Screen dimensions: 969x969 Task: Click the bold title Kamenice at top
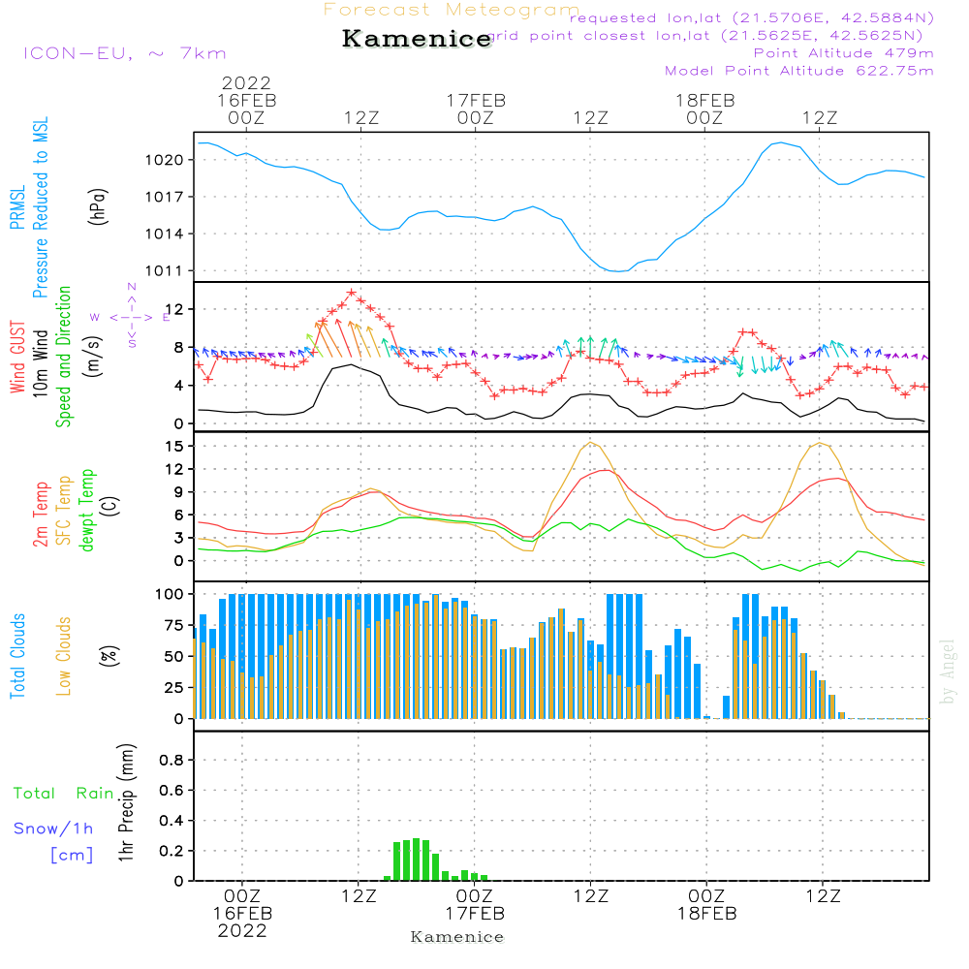(x=417, y=40)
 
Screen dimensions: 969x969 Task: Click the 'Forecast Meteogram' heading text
(x=452, y=11)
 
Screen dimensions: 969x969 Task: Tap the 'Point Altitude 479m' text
(x=843, y=52)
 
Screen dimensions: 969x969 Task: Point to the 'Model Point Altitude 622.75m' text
(x=798, y=71)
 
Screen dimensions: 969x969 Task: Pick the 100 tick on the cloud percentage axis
(x=170, y=593)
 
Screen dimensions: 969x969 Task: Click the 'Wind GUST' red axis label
(x=17, y=358)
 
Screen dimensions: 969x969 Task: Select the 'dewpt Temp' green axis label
(x=88, y=511)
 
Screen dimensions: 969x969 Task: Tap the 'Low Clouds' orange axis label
(x=65, y=656)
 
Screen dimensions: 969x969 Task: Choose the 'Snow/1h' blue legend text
(x=53, y=829)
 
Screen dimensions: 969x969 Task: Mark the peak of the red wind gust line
(x=351, y=292)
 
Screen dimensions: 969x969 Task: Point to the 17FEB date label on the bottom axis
(x=475, y=914)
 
